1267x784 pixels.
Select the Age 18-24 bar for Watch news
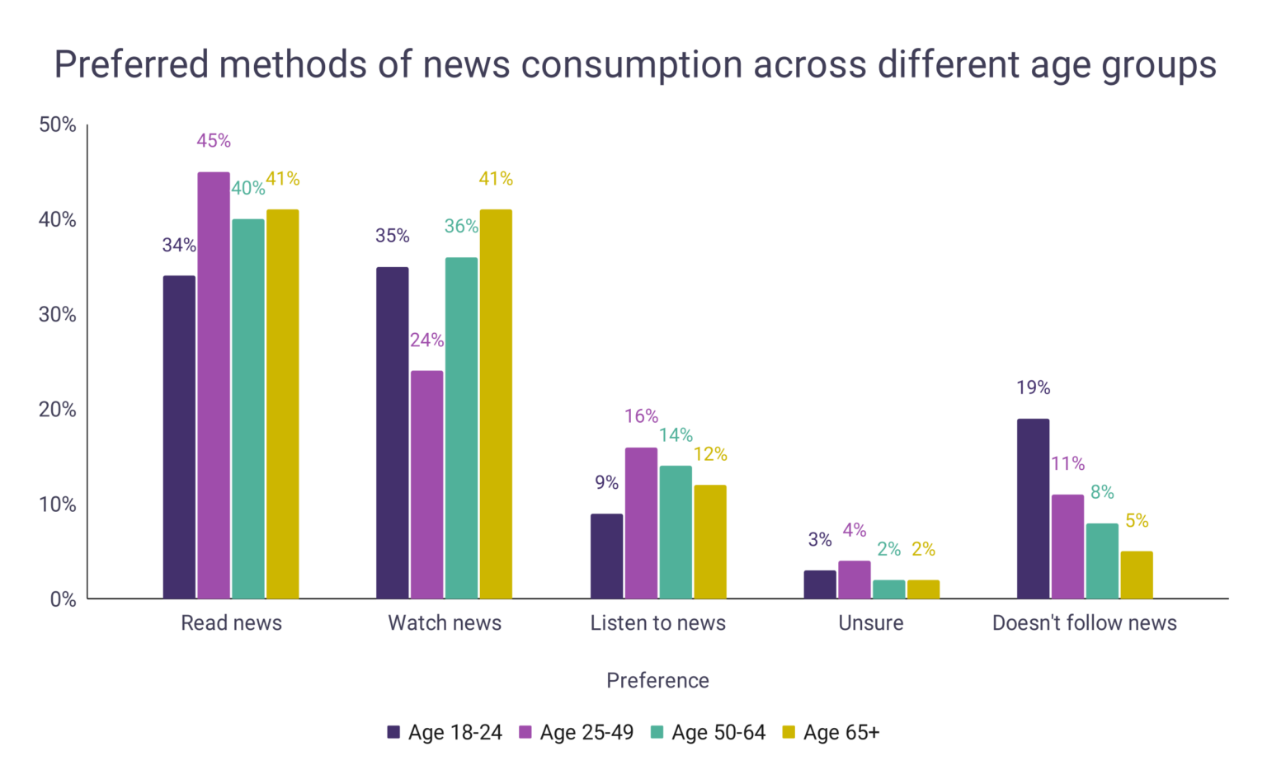(x=393, y=433)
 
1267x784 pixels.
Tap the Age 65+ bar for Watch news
(x=496, y=404)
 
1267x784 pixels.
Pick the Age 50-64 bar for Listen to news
(x=676, y=532)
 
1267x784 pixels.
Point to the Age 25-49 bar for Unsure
(x=855, y=580)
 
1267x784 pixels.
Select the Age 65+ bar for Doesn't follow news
(x=1137, y=575)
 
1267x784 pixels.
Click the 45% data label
(x=214, y=141)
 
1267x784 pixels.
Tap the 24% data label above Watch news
(x=427, y=340)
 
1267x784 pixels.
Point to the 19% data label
(x=1033, y=387)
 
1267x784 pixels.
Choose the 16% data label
(x=641, y=416)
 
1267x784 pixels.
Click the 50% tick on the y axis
(x=58, y=124)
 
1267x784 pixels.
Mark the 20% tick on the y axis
(x=58, y=410)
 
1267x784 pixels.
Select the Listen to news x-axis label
(x=657, y=623)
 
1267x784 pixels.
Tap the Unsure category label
(x=871, y=623)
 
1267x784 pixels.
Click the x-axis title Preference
(x=657, y=680)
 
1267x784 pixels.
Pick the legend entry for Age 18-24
(x=445, y=732)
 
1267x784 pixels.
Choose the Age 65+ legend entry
(x=831, y=732)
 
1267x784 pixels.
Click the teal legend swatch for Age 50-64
(x=657, y=732)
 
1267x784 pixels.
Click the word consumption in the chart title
(x=631, y=65)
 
